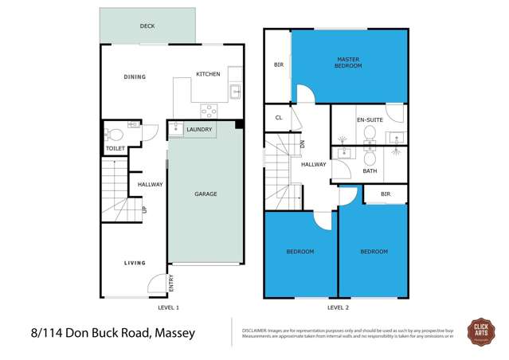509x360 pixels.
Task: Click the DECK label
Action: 147,25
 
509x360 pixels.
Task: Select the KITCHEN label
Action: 208,74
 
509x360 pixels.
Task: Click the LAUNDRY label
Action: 198,129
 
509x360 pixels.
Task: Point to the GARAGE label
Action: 206,194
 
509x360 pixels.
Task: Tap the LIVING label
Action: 135,262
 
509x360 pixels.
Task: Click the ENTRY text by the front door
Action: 170,282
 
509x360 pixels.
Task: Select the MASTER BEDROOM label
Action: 349,61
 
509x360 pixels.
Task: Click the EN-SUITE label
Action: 370,119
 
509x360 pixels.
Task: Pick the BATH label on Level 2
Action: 370,170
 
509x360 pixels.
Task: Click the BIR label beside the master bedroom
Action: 279,65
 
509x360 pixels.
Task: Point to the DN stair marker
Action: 303,144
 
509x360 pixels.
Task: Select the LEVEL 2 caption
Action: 338,306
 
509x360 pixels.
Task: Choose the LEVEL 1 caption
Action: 168,306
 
